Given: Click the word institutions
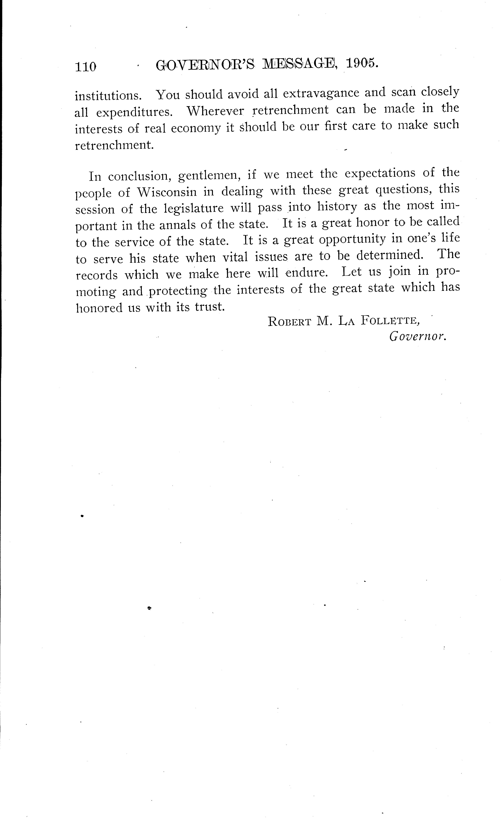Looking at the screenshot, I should point(108,96).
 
